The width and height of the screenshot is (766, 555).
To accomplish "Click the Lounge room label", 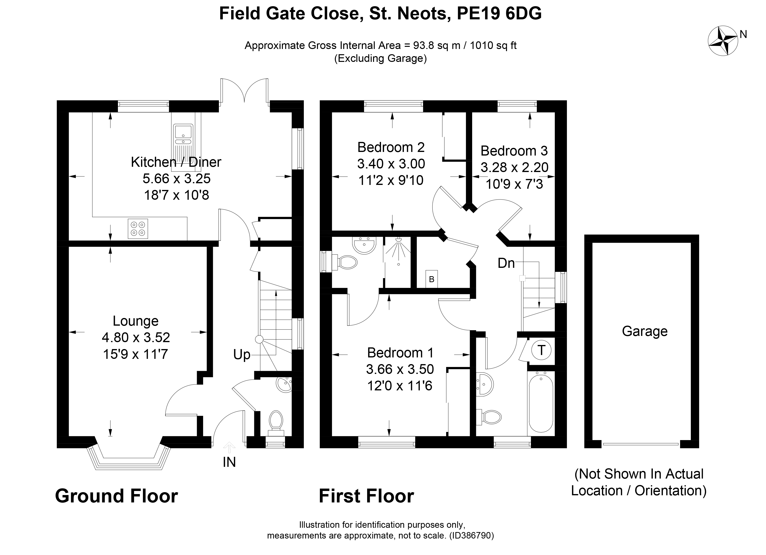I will (x=135, y=321).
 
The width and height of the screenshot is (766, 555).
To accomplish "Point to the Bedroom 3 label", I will (x=514, y=151).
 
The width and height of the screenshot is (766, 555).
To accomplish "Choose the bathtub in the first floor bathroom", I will (x=540, y=403).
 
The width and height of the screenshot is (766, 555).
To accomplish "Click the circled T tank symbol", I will (x=541, y=350).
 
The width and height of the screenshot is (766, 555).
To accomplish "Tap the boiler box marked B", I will (x=431, y=279).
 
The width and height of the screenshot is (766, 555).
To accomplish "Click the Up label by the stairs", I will (x=242, y=355).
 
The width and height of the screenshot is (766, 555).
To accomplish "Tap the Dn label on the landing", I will (x=506, y=263).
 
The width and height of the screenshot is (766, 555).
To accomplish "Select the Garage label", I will (x=644, y=331).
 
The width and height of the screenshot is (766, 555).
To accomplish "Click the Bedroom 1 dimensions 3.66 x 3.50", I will (x=400, y=369).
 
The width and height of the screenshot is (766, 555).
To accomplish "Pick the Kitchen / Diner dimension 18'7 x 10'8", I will (x=176, y=195).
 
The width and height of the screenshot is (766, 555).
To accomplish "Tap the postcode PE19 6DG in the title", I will (x=499, y=14).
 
